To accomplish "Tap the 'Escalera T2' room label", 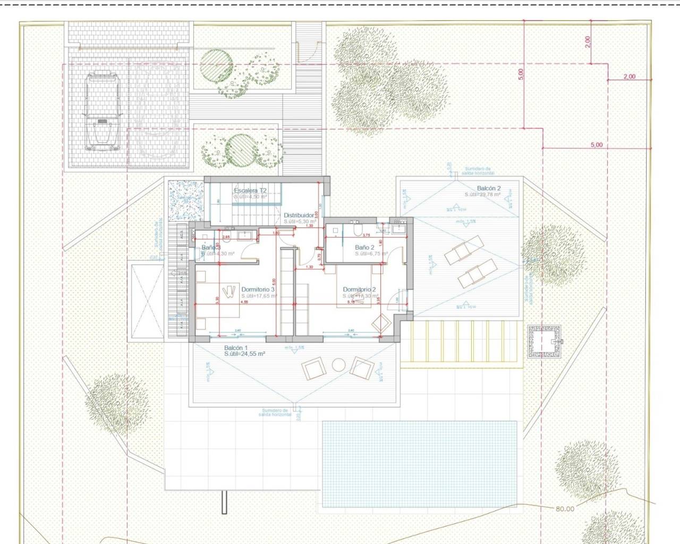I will [250, 190].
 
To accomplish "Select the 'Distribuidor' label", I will [299, 216].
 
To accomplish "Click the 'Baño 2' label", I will [365, 248].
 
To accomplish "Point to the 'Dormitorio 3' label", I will [258, 290].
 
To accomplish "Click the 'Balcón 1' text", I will [236, 347].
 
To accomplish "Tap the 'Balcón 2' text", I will [489, 188].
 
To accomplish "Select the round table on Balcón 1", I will [338, 364].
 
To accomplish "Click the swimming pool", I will [420, 464].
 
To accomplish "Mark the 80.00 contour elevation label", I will [565, 509].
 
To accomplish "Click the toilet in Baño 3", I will [205, 236].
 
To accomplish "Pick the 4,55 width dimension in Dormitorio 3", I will [244, 302].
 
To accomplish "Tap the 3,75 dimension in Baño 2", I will [365, 235].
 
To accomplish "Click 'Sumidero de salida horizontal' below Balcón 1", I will [275, 412].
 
